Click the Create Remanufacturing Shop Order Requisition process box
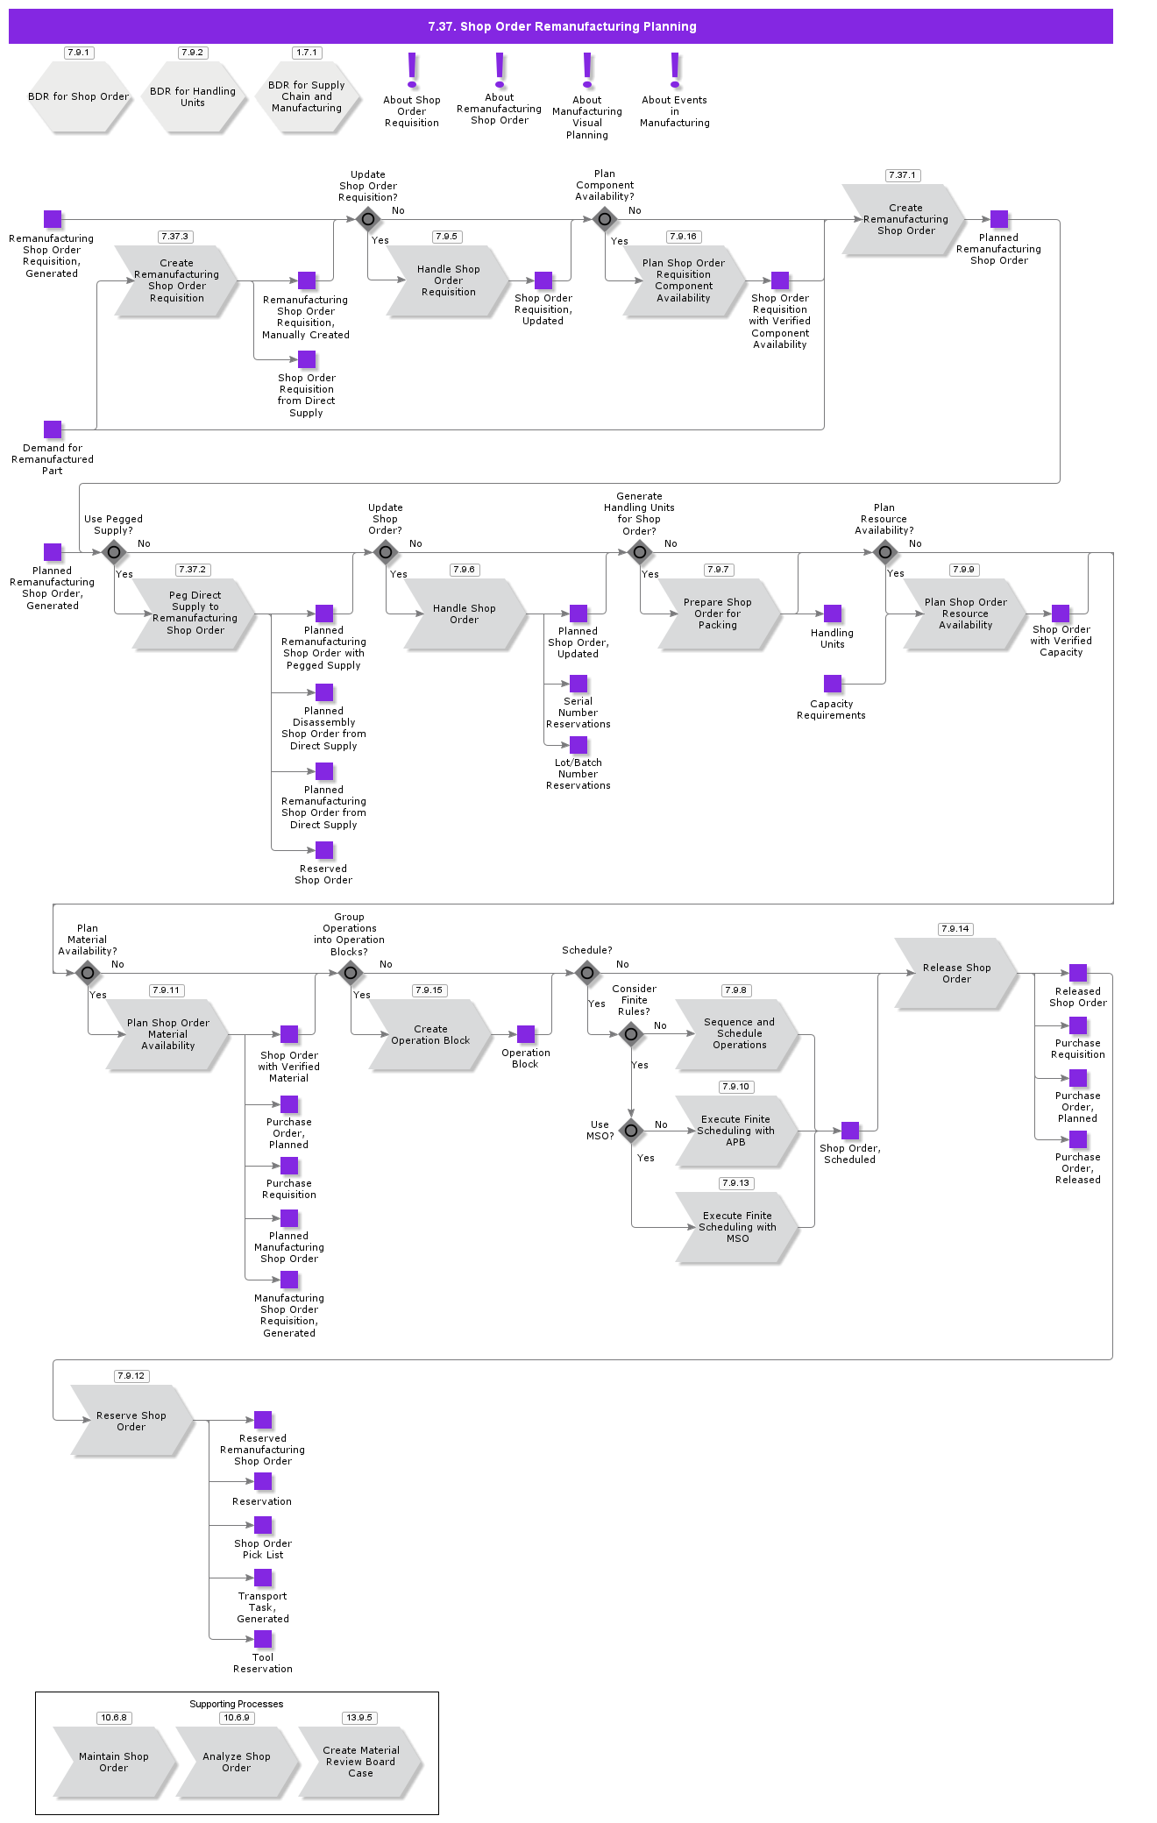pyautogui.click(x=176, y=280)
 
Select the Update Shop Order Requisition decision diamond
pyautogui.click(x=368, y=219)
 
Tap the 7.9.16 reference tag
pyautogui.click(x=683, y=237)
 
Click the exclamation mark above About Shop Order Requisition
pyautogui.click(x=412, y=70)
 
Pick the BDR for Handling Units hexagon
pyautogui.click(x=193, y=96)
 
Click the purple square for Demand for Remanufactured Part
pyautogui.click(x=53, y=429)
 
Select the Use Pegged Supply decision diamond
pyautogui.click(x=114, y=552)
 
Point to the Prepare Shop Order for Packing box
pyautogui.click(x=718, y=614)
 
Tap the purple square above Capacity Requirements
pyautogui.click(x=833, y=684)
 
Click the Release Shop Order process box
pyautogui.click(x=956, y=973)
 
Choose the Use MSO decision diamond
pyautogui.click(x=631, y=1131)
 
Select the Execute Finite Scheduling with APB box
pyautogui.click(x=736, y=1131)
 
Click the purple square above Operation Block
pyautogui.click(x=526, y=1034)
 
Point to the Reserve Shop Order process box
pyautogui.click(x=131, y=1421)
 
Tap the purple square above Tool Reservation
pyautogui.click(x=263, y=1639)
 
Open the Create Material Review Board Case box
pyautogui.click(x=360, y=1762)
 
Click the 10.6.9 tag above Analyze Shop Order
pyautogui.click(x=237, y=1718)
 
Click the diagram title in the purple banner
pyautogui.click(x=562, y=26)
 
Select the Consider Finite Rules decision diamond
pyautogui.click(x=631, y=1034)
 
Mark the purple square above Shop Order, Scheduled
pyautogui.click(x=850, y=1131)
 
